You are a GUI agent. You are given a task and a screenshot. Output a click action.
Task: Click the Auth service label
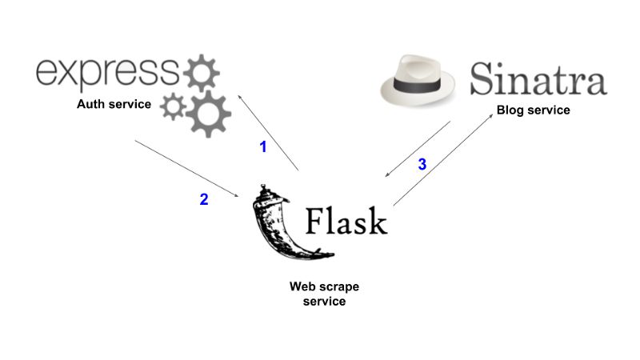point(114,104)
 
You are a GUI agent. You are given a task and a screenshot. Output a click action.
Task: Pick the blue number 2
point(204,200)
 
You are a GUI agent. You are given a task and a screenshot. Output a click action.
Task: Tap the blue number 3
point(422,165)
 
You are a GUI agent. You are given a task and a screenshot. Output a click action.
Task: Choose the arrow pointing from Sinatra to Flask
point(417,149)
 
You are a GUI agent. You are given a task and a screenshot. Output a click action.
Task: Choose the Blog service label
point(533,110)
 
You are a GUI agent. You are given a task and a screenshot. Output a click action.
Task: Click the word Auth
point(91,104)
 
